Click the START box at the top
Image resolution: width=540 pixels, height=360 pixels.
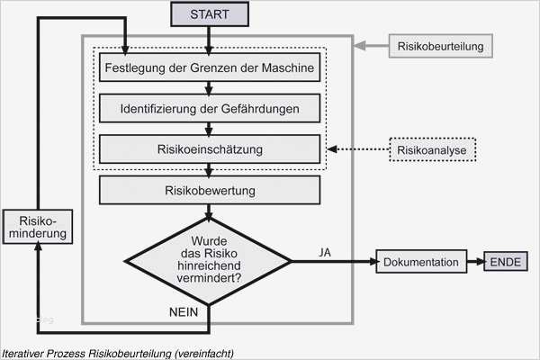(209, 14)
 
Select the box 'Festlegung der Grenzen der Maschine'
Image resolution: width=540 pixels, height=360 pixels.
(209, 67)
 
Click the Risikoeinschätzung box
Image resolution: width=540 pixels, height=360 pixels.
(209, 148)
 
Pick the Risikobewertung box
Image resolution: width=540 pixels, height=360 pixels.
(209, 190)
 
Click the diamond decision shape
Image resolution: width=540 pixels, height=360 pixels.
(209, 261)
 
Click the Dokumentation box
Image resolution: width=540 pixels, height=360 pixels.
(421, 262)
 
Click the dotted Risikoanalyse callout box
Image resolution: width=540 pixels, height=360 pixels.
(434, 149)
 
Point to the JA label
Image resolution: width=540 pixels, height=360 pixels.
(325, 252)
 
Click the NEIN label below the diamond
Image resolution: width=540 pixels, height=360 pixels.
(184, 310)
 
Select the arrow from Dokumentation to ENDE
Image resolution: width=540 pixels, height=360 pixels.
(476, 262)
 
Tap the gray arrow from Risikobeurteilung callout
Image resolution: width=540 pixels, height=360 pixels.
(370, 45)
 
